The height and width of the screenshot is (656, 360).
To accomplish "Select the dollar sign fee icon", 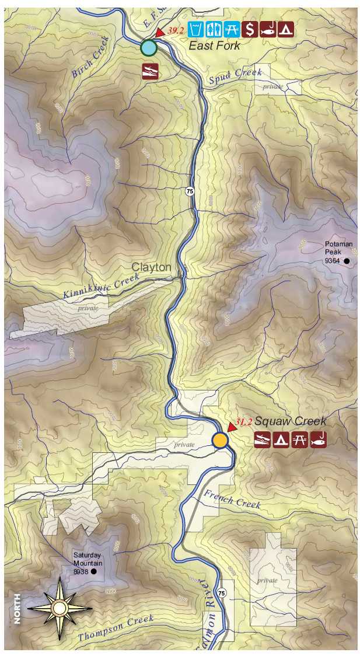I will [x=250, y=29].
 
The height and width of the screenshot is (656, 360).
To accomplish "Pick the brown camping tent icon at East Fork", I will [x=286, y=29].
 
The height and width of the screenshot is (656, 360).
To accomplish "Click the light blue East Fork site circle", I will [x=149, y=48].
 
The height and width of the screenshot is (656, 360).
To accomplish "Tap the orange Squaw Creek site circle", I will [x=219, y=440].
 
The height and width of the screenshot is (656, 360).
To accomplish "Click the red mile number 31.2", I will [x=244, y=422].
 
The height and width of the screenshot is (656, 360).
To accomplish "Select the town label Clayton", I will [x=152, y=267].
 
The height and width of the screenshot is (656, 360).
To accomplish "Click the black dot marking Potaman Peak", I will [x=347, y=261].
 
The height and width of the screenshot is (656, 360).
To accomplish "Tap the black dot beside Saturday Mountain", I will [x=93, y=573].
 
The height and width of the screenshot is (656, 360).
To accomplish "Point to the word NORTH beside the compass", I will [x=17, y=609].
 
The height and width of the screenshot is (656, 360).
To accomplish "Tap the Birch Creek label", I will [x=91, y=58].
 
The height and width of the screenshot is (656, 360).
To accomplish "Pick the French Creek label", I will [x=232, y=499].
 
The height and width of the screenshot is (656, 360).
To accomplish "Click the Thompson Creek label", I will [x=116, y=628].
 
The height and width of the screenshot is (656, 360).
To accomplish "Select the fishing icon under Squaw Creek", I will [x=319, y=439].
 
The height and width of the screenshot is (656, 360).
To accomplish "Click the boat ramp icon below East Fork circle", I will [x=149, y=71].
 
